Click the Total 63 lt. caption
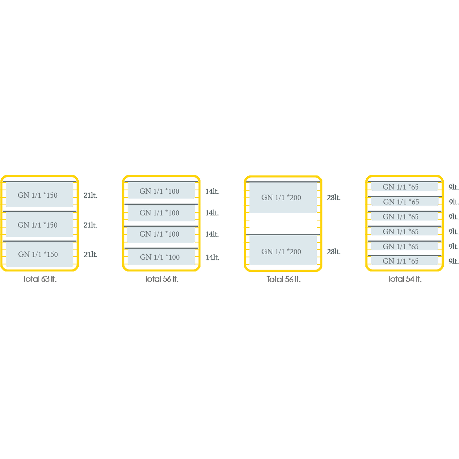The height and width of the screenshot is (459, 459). coord(39,279)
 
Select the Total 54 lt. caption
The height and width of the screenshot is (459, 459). coord(404,279)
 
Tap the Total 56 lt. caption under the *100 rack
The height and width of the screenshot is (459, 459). coord(161,279)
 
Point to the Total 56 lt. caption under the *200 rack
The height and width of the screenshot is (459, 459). coord(283,279)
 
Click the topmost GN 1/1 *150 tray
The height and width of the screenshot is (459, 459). coord(39,195)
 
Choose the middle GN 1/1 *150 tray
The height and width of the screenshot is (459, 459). coord(39,225)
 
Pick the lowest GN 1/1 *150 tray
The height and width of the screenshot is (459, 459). coord(39,254)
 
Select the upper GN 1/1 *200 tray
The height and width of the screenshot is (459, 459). coord(283,198)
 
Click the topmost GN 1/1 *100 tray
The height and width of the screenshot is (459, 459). coord(161,191)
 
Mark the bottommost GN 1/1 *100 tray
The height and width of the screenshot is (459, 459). coord(161,257)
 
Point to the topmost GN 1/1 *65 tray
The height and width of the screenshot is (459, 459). coord(405,187)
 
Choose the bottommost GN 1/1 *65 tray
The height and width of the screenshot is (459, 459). coord(405,261)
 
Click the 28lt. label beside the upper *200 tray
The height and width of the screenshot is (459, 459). coord(334,198)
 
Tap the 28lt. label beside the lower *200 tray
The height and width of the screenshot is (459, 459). coord(334,252)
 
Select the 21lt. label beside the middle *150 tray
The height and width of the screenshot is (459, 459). coord(90,225)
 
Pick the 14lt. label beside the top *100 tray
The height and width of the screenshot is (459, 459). coord(212,192)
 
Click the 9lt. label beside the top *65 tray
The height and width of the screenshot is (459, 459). coord(454,187)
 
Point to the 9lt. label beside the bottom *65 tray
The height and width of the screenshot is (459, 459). coord(454,261)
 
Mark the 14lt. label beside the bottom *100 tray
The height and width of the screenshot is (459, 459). coord(212,257)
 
